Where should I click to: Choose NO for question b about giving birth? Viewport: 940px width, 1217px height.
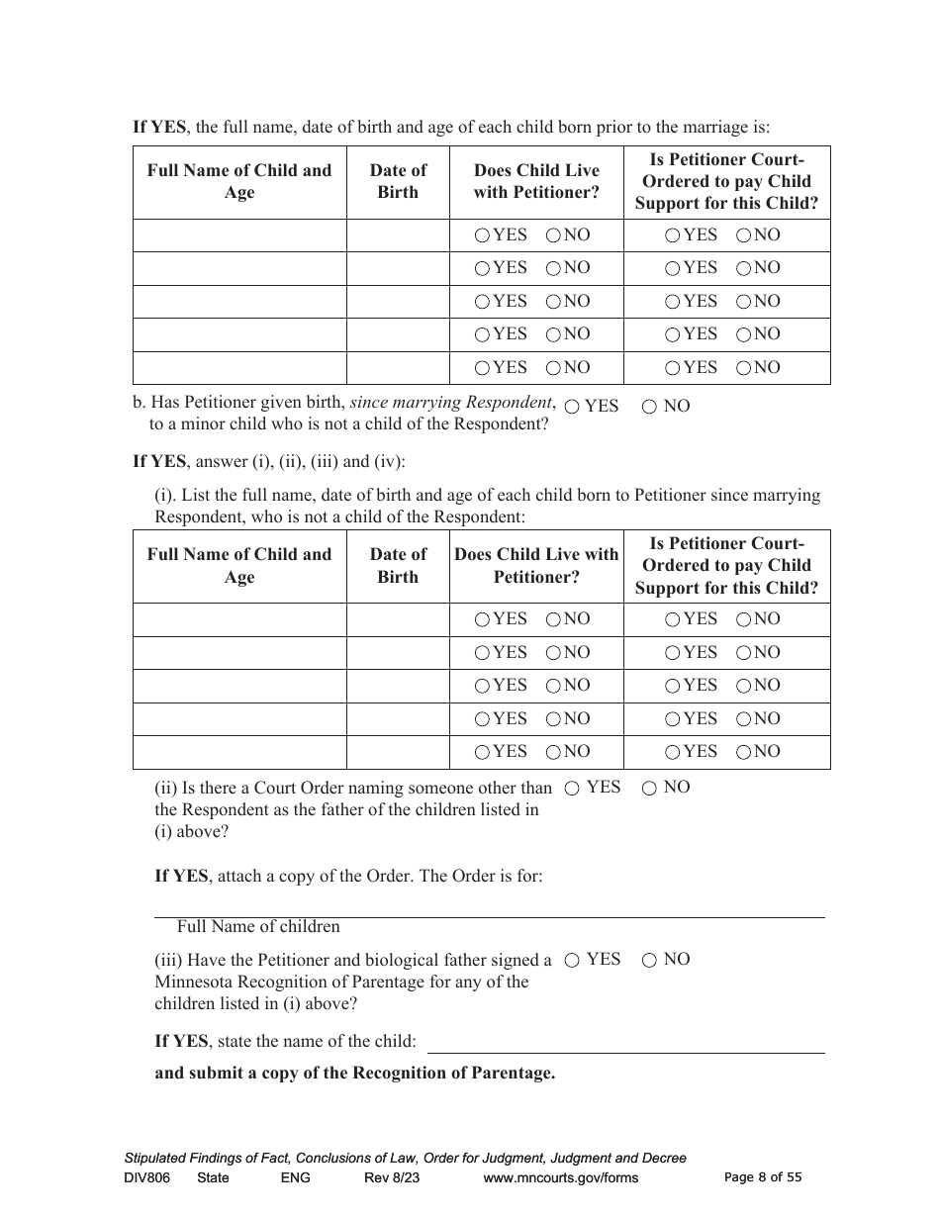click(649, 407)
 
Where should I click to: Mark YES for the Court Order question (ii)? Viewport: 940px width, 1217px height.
click(572, 789)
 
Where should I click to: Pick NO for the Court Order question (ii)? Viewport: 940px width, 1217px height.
click(649, 789)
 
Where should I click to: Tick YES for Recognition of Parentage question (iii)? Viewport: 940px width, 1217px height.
click(572, 960)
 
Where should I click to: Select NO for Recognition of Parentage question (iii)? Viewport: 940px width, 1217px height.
click(649, 960)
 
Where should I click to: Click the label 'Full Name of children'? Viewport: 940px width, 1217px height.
click(258, 927)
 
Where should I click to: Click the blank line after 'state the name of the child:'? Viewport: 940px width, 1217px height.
click(625, 1043)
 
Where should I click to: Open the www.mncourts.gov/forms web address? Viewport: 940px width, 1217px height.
click(561, 1177)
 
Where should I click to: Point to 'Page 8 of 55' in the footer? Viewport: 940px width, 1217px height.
click(763, 1177)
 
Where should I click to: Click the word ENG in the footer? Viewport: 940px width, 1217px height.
click(295, 1177)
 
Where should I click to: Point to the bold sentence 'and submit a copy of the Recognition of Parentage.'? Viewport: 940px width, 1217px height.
click(354, 1074)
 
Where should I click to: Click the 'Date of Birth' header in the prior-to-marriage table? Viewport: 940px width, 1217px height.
click(398, 182)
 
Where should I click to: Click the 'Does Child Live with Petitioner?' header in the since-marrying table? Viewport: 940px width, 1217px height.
click(536, 566)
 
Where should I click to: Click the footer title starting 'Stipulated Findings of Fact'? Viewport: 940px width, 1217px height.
click(405, 1158)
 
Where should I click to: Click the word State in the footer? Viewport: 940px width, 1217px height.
click(213, 1177)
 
